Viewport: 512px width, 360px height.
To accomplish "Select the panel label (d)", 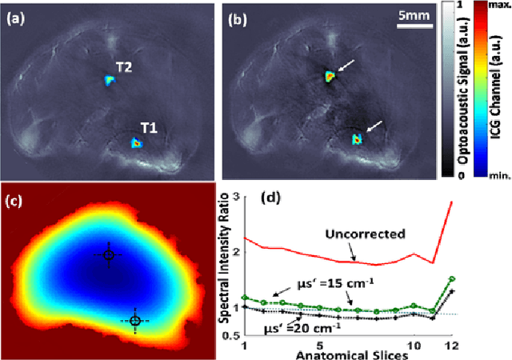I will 274,198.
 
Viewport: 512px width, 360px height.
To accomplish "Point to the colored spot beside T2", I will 109,80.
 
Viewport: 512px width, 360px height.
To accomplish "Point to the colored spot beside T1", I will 136,143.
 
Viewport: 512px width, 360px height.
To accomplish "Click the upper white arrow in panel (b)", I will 344,70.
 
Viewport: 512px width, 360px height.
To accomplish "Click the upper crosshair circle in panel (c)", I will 109,255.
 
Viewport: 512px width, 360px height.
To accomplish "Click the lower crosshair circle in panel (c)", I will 134,321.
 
